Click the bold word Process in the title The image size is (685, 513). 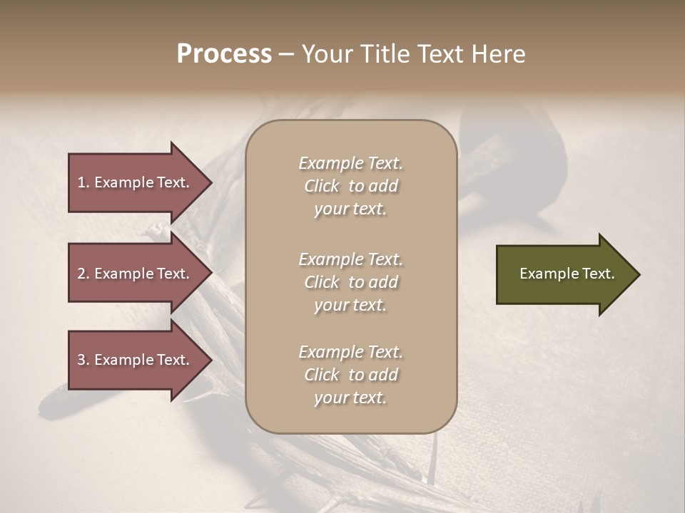[x=224, y=54]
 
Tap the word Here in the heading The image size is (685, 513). [x=499, y=54]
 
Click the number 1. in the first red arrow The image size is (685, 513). [x=83, y=182]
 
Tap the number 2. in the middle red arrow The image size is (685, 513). [x=83, y=274]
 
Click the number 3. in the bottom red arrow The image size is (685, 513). [x=83, y=360]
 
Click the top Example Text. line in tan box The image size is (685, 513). [x=350, y=163]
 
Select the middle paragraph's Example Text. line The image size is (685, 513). [x=350, y=259]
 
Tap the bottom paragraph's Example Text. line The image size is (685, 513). [x=350, y=352]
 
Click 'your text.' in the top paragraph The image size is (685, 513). [x=350, y=209]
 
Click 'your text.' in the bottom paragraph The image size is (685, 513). [x=350, y=398]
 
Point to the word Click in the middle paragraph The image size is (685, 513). [x=322, y=283]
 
